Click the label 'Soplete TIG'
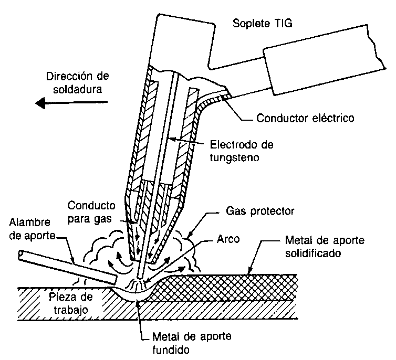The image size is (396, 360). click(263, 23)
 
